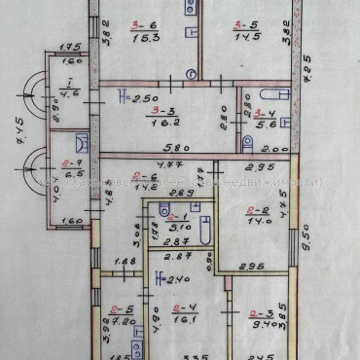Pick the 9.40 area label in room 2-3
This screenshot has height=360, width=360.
pos(258,325)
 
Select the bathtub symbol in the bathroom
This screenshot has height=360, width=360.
pos(204,231)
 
